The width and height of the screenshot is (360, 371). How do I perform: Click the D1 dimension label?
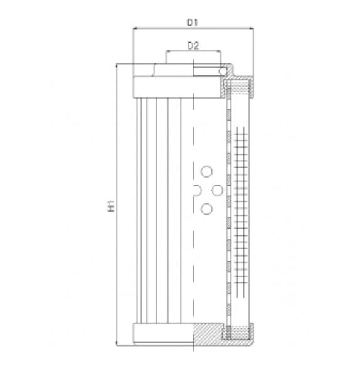(x=193, y=23)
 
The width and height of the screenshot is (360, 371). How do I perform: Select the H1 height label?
(x=111, y=205)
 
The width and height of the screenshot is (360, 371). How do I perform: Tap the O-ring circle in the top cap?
(x=223, y=72)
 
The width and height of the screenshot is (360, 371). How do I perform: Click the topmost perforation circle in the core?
(x=205, y=171)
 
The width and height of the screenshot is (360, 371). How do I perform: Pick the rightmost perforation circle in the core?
(x=216, y=190)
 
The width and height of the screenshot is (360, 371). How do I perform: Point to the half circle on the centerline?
(x=196, y=190)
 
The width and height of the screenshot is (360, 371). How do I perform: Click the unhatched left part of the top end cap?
(x=163, y=85)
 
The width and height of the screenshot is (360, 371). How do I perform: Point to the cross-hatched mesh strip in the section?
(x=239, y=207)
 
